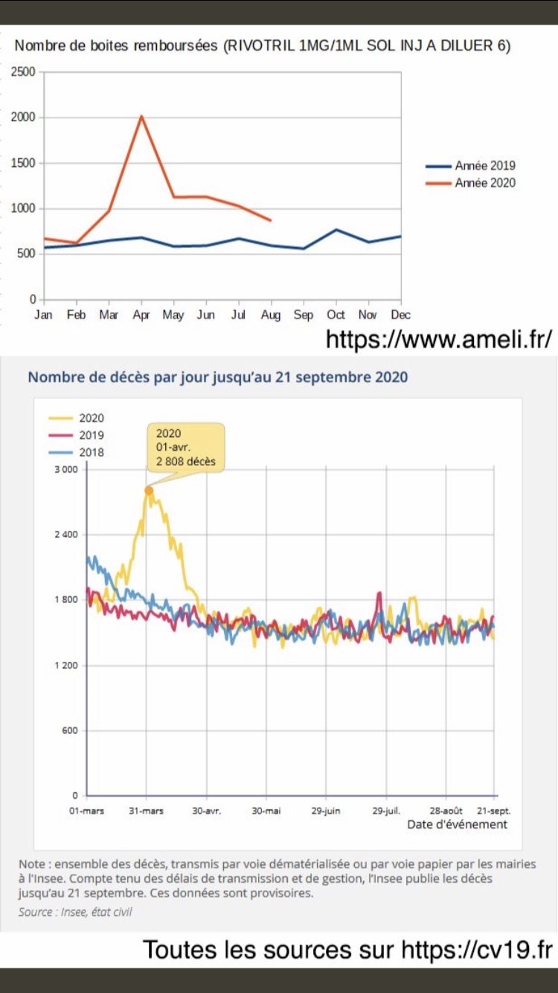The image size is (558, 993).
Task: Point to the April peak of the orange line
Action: coord(141,116)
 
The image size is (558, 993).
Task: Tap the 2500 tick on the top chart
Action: coord(23,71)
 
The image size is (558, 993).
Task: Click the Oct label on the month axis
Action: coord(336,316)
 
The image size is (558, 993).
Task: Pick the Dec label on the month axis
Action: coord(401,316)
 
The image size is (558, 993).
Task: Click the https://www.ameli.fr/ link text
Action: coord(439,339)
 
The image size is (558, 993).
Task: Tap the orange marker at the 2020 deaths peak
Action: coord(149,491)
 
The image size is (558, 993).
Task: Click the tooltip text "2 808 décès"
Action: coord(185,462)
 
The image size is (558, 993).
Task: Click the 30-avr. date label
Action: coord(206,811)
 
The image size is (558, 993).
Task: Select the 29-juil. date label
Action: coord(386,811)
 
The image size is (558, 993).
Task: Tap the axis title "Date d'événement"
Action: coord(457,825)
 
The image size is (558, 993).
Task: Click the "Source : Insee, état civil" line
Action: coord(75,911)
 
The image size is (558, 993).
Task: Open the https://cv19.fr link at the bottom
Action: coord(477,951)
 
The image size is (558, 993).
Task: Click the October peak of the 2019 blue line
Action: coord(336,229)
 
